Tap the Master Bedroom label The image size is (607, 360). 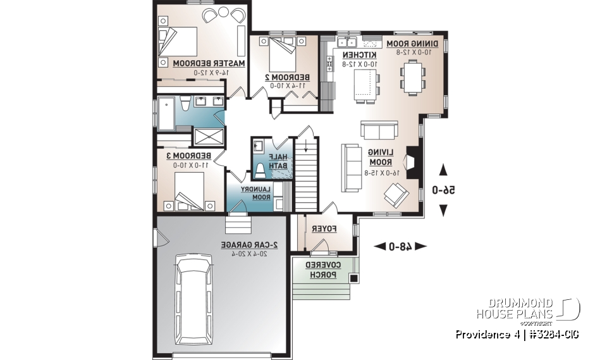pos(209,63)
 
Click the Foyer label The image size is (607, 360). pos(327,230)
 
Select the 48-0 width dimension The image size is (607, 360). pos(400,246)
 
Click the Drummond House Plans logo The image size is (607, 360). pos(528,309)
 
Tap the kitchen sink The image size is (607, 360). pos(346,43)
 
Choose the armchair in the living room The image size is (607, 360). pos(396,195)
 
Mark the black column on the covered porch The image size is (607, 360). pos(354,278)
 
